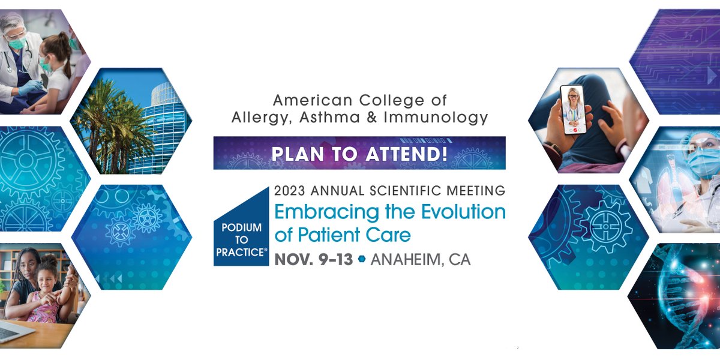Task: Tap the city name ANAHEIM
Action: click(x=409, y=260)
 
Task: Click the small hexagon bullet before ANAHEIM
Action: click(x=361, y=260)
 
